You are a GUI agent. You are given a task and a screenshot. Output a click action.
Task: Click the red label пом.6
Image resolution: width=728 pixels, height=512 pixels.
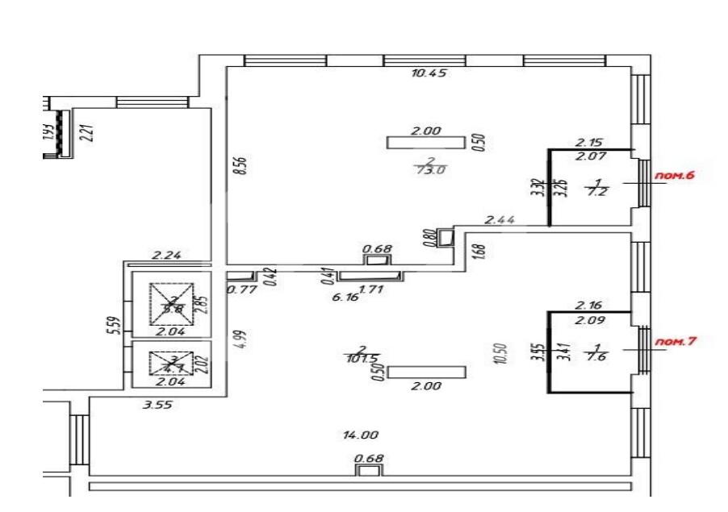(677, 174)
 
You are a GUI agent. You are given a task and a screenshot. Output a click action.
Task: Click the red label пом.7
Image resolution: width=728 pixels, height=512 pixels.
(675, 341)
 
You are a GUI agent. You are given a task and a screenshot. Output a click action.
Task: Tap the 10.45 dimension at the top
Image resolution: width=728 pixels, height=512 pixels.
(429, 73)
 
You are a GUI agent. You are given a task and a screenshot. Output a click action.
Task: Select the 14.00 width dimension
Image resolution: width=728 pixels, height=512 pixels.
(361, 435)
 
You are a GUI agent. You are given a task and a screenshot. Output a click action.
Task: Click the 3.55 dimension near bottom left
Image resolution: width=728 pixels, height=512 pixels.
(158, 404)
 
